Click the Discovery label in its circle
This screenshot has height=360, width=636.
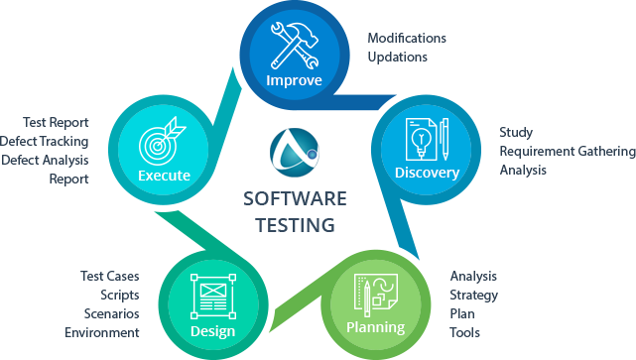pyautogui.click(x=427, y=174)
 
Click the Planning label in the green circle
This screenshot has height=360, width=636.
pyautogui.click(x=375, y=327)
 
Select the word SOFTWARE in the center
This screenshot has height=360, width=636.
pyautogui.click(x=295, y=199)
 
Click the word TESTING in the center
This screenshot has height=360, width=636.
pyautogui.click(x=295, y=225)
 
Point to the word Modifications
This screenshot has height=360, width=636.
pyautogui.click(x=407, y=38)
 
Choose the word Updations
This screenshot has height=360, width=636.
pyautogui.click(x=397, y=57)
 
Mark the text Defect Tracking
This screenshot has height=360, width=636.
pyautogui.click(x=46, y=142)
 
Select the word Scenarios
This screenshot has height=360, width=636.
pyautogui.click(x=112, y=313)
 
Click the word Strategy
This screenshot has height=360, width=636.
pyautogui.click(x=473, y=295)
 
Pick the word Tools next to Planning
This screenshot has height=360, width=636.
pyautogui.click(x=464, y=332)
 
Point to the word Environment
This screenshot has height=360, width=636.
pyautogui.click(x=102, y=332)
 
